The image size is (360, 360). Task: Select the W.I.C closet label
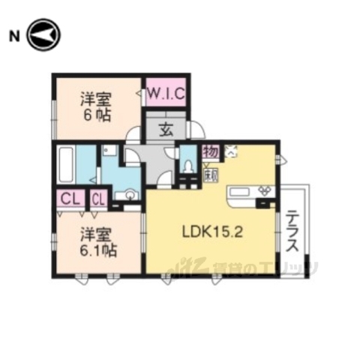pos(166,94)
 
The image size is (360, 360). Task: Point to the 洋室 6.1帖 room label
pos(97,241)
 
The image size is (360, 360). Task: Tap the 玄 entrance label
pos(166,127)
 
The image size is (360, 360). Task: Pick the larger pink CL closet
pos(71,199)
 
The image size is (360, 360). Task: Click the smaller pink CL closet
pos(98,199)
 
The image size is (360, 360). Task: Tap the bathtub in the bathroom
pos(65,163)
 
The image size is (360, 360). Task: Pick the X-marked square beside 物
pos(229,151)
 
